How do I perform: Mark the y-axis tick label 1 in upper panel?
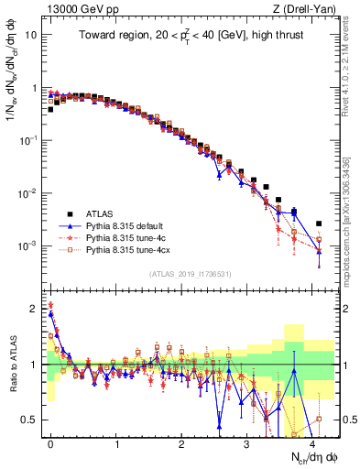pyautogui.click(x=35, y=89)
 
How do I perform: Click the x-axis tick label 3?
pyautogui.click(x=247, y=442)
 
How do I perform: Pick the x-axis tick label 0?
pyautogui.click(x=50, y=442)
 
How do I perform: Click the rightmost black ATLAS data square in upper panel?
pyautogui.click(x=319, y=224)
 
